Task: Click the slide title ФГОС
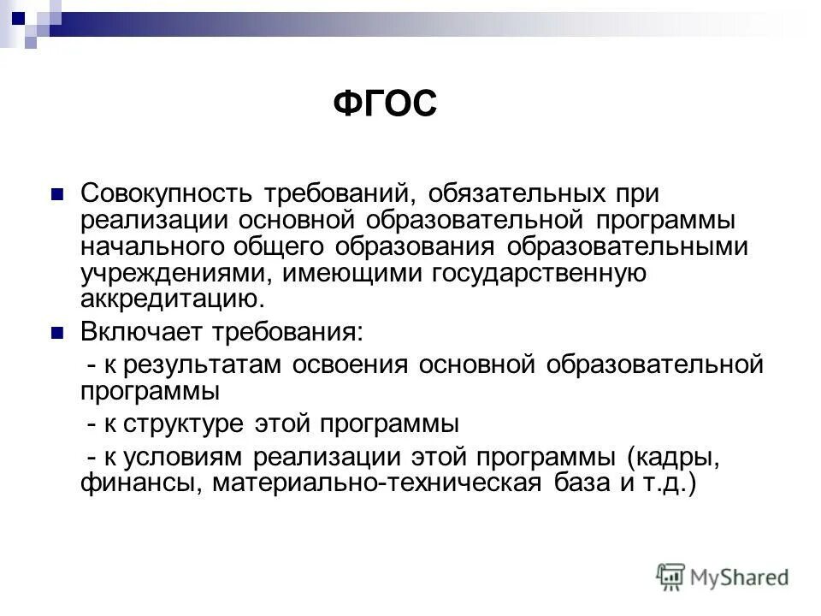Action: (x=384, y=105)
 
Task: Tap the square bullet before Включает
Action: (x=58, y=332)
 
